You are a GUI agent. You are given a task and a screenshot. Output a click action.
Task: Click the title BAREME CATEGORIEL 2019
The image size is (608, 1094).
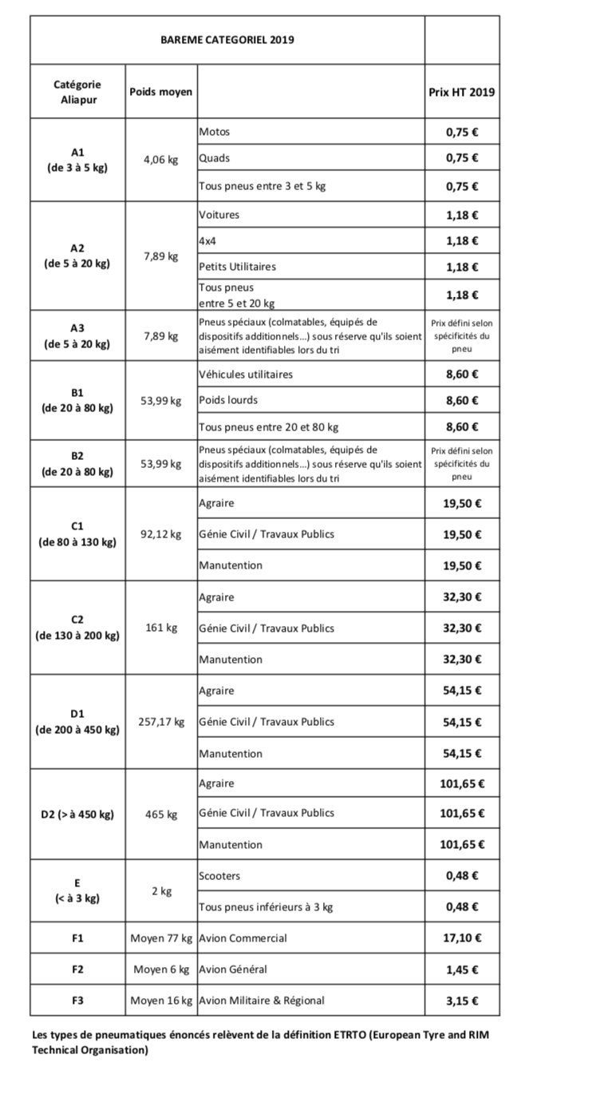227,39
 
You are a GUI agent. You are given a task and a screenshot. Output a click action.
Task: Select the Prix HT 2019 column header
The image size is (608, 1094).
461,92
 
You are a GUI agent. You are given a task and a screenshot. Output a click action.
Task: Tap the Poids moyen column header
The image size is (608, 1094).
160,92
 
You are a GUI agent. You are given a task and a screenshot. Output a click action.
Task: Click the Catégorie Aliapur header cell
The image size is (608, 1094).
77,92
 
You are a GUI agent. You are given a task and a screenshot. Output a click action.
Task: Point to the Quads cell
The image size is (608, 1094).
215,158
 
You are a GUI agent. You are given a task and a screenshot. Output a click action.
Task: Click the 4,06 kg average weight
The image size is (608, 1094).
160,159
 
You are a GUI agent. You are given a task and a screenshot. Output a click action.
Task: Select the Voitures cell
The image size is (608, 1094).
219,215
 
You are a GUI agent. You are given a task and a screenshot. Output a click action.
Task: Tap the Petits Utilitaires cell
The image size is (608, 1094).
237,267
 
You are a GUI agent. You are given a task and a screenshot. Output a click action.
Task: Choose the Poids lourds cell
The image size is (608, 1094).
228,400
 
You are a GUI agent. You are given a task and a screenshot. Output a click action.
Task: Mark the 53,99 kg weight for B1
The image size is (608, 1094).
160,400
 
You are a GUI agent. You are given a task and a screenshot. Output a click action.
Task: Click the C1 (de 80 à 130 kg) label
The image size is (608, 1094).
77,534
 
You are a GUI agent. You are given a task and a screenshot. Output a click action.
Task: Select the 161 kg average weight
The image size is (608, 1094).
160,628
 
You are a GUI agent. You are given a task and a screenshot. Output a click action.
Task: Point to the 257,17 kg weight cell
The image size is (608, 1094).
160,722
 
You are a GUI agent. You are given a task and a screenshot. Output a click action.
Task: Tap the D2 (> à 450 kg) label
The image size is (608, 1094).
77,815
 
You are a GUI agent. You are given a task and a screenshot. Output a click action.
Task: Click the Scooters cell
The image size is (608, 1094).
219,876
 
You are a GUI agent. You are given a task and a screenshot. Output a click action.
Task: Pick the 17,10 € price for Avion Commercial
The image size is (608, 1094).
461,938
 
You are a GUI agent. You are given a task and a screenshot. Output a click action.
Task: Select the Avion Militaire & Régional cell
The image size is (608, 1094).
262,1001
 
